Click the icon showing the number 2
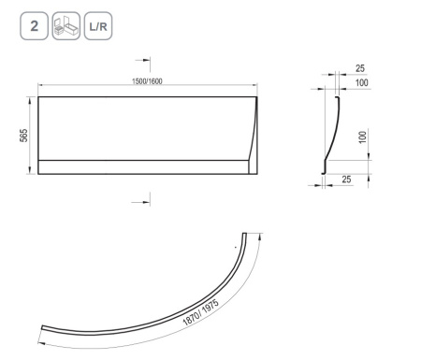[34, 26]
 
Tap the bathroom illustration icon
[66, 26]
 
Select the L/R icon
[98, 26]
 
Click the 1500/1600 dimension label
[147, 81]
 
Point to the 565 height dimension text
[23, 136]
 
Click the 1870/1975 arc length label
[200, 312]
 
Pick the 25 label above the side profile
[360, 68]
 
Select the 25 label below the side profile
[346, 180]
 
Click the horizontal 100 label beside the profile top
[362, 82]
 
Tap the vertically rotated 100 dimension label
[363, 137]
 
